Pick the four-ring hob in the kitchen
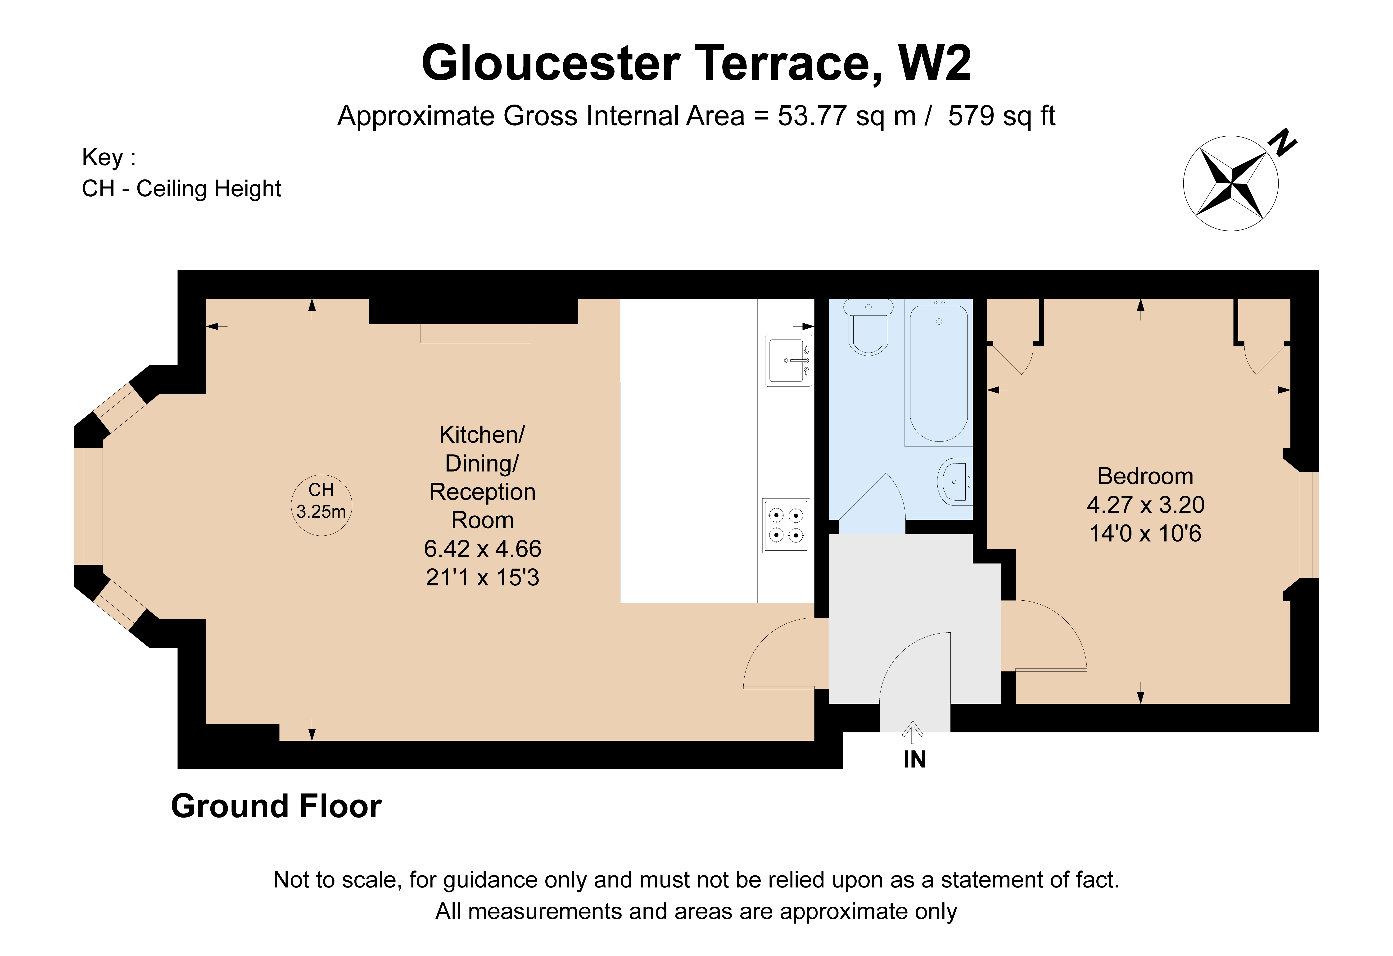(x=786, y=525)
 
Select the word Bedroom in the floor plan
(x=1145, y=476)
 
